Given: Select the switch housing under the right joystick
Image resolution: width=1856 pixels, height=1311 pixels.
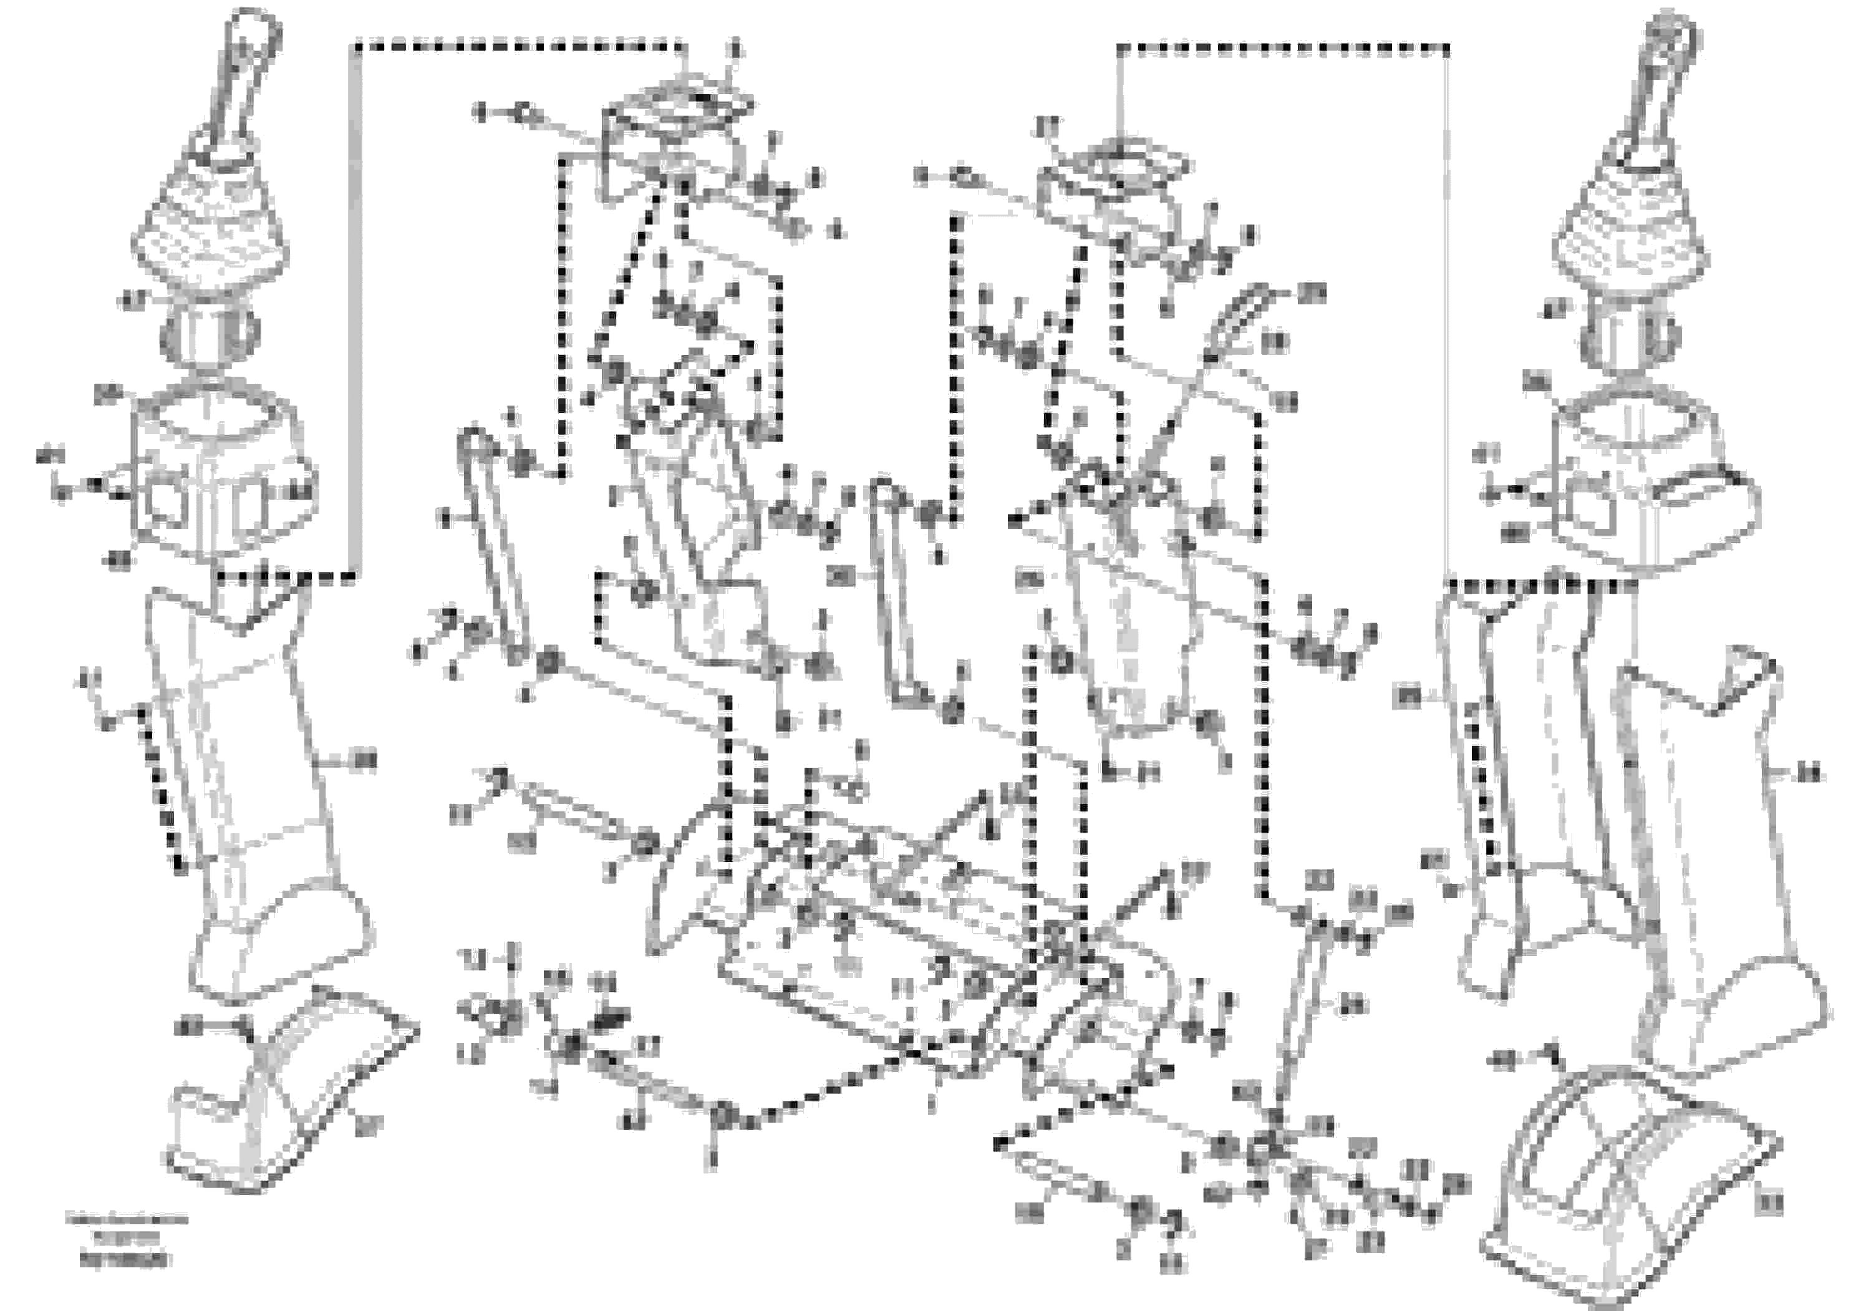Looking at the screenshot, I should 1641,493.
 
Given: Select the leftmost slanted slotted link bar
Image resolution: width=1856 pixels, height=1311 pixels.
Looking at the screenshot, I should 493,541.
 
